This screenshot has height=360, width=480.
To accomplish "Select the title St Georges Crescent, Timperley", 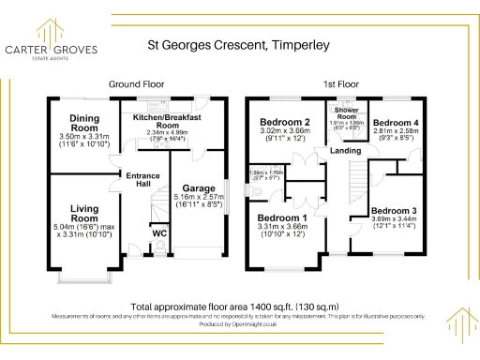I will (x=240, y=43).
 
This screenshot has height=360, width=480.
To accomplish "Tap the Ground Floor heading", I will (x=137, y=83).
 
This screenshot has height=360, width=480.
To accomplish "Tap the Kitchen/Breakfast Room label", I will (x=168, y=121).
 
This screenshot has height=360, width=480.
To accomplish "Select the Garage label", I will (x=198, y=187).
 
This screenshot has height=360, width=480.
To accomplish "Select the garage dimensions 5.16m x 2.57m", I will (x=198, y=199).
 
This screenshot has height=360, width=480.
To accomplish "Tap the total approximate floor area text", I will (x=240, y=306).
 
